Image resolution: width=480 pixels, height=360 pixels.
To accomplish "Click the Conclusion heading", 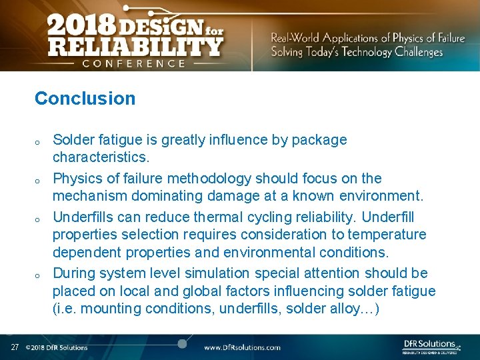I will point(85,99).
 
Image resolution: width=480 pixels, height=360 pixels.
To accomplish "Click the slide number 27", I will point(15,347).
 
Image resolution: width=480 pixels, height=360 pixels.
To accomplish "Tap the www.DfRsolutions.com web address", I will point(242,347).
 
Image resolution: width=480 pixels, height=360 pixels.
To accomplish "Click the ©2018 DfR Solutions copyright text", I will point(57,347).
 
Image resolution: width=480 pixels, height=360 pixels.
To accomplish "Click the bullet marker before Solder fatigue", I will point(38,142).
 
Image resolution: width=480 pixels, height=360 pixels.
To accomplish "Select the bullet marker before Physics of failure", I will point(38,181).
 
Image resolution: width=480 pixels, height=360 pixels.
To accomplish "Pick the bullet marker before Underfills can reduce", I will point(38,219).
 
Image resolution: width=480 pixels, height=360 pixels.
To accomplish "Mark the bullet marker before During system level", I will point(38,275).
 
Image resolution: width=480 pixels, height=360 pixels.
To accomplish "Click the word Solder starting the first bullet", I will point(72,140).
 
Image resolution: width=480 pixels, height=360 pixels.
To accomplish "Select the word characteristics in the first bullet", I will point(99,158).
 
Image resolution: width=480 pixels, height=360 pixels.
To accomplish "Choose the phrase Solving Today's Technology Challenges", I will point(357,52).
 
